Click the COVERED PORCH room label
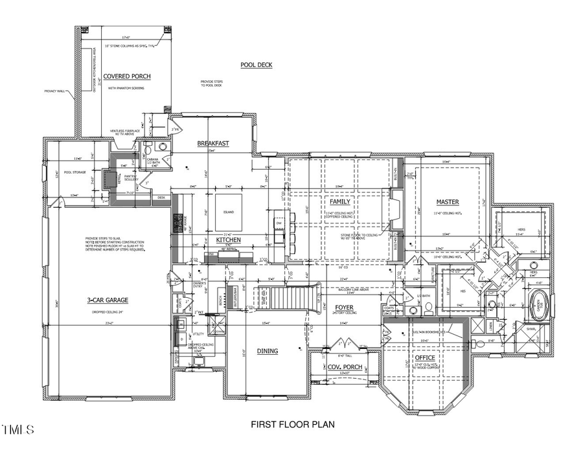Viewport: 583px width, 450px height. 127,76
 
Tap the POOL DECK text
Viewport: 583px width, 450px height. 257,65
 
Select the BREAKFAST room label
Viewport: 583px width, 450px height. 213,143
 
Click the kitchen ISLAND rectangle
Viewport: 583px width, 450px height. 227,212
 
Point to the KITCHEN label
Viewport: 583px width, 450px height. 228,240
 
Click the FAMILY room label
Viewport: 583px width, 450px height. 340,201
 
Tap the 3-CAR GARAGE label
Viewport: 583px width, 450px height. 108,300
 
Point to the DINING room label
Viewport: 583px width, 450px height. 268,351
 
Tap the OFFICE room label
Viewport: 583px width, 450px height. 425,357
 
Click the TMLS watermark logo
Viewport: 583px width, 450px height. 19,429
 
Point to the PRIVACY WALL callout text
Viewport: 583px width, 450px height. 56,91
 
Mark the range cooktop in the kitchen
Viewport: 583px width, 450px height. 177,224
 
